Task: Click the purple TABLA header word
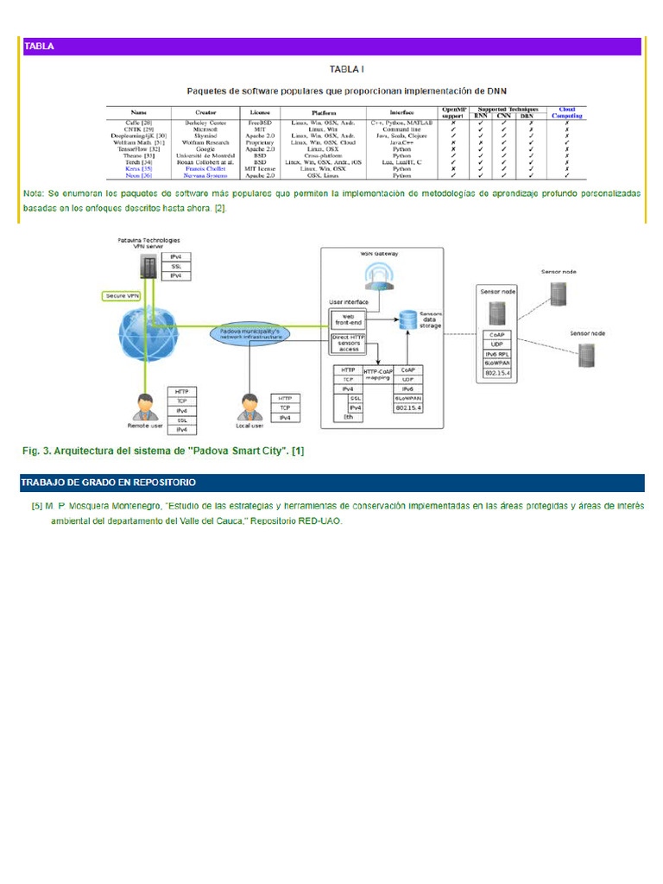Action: point(40,47)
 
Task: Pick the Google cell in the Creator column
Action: point(205,148)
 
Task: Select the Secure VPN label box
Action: point(123,295)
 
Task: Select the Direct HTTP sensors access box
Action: point(348,342)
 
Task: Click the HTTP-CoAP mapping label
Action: point(378,375)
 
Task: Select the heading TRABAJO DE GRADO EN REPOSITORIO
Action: point(109,482)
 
